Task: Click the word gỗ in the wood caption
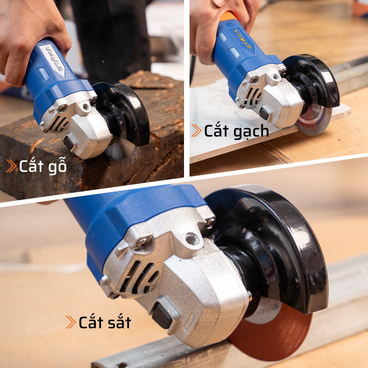pos(57,166)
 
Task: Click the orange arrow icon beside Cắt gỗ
pos(11,166)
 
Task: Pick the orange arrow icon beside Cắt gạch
pos(196,131)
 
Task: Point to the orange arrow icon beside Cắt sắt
pos(71,322)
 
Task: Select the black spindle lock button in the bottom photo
pos(162,316)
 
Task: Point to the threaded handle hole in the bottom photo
pos(192,239)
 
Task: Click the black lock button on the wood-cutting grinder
pos(68,143)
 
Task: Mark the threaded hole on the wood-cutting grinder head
pos(86,107)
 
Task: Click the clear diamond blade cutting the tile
pos(315,120)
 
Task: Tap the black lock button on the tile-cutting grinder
pos(264,114)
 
